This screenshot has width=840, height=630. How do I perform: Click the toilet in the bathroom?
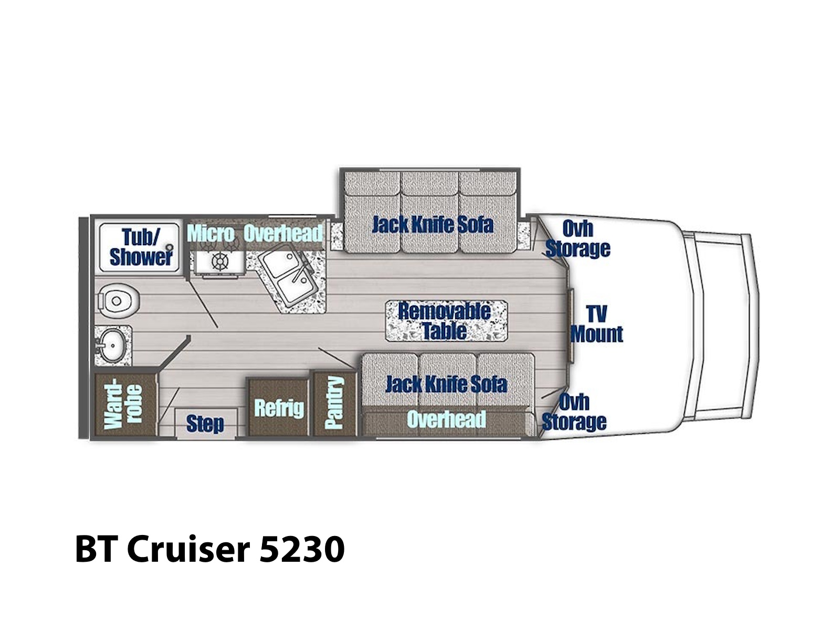tap(117, 300)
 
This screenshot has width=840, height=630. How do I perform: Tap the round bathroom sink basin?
tap(112, 345)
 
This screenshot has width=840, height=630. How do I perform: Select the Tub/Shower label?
tap(141, 247)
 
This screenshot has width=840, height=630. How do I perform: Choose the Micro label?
tap(211, 234)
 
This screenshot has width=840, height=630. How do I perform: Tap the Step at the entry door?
tap(205, 424)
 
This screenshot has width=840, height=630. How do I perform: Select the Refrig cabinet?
tap(278, 408)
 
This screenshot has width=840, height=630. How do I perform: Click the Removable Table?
tap(445, 321)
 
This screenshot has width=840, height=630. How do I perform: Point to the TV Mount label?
tap(596, 324)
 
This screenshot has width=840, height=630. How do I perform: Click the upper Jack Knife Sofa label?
tap(433, 225)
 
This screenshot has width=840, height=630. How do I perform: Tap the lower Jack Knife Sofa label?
tap(446, 384)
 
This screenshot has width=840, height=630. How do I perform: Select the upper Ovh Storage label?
tap(577, 239)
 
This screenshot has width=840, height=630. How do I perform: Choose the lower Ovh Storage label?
tap(574, 412)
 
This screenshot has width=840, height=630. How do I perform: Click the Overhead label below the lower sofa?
tap(446, 419)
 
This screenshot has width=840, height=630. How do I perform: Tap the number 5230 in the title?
tap(302, 549)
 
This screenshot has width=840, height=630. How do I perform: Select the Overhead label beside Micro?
tap(283, 233)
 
